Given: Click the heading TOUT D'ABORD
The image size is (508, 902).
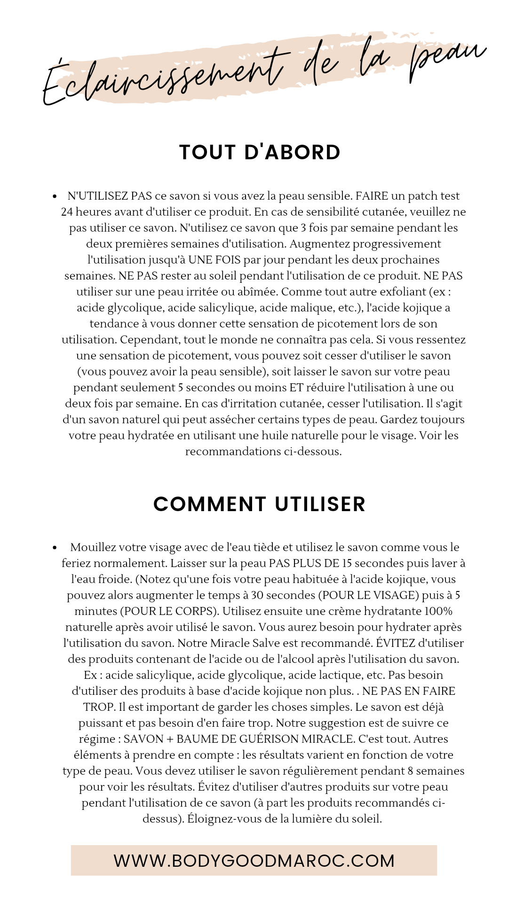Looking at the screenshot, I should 260,153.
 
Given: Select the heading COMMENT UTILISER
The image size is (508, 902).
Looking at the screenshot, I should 259,504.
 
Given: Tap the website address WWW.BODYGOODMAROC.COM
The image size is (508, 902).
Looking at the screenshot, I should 254,861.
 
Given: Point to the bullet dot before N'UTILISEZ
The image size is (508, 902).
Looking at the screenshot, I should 55,196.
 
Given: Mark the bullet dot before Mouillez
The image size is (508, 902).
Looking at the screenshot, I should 55,548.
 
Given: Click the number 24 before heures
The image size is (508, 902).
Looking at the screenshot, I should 67,212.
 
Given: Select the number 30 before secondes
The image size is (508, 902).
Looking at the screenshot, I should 257,595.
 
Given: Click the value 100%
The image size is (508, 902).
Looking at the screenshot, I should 438,611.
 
